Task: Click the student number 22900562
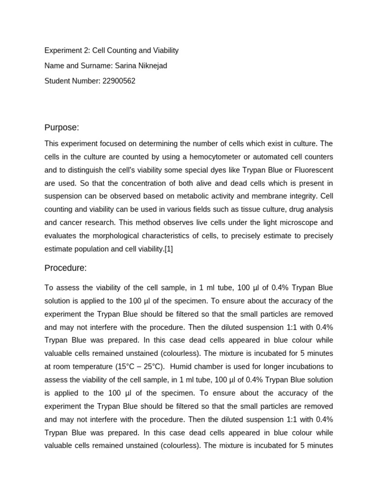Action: tap(119, 81)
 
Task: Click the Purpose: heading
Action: tap(62, 127)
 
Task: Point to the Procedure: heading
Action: tap(65, 268)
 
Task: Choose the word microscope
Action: tap(284, 222)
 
